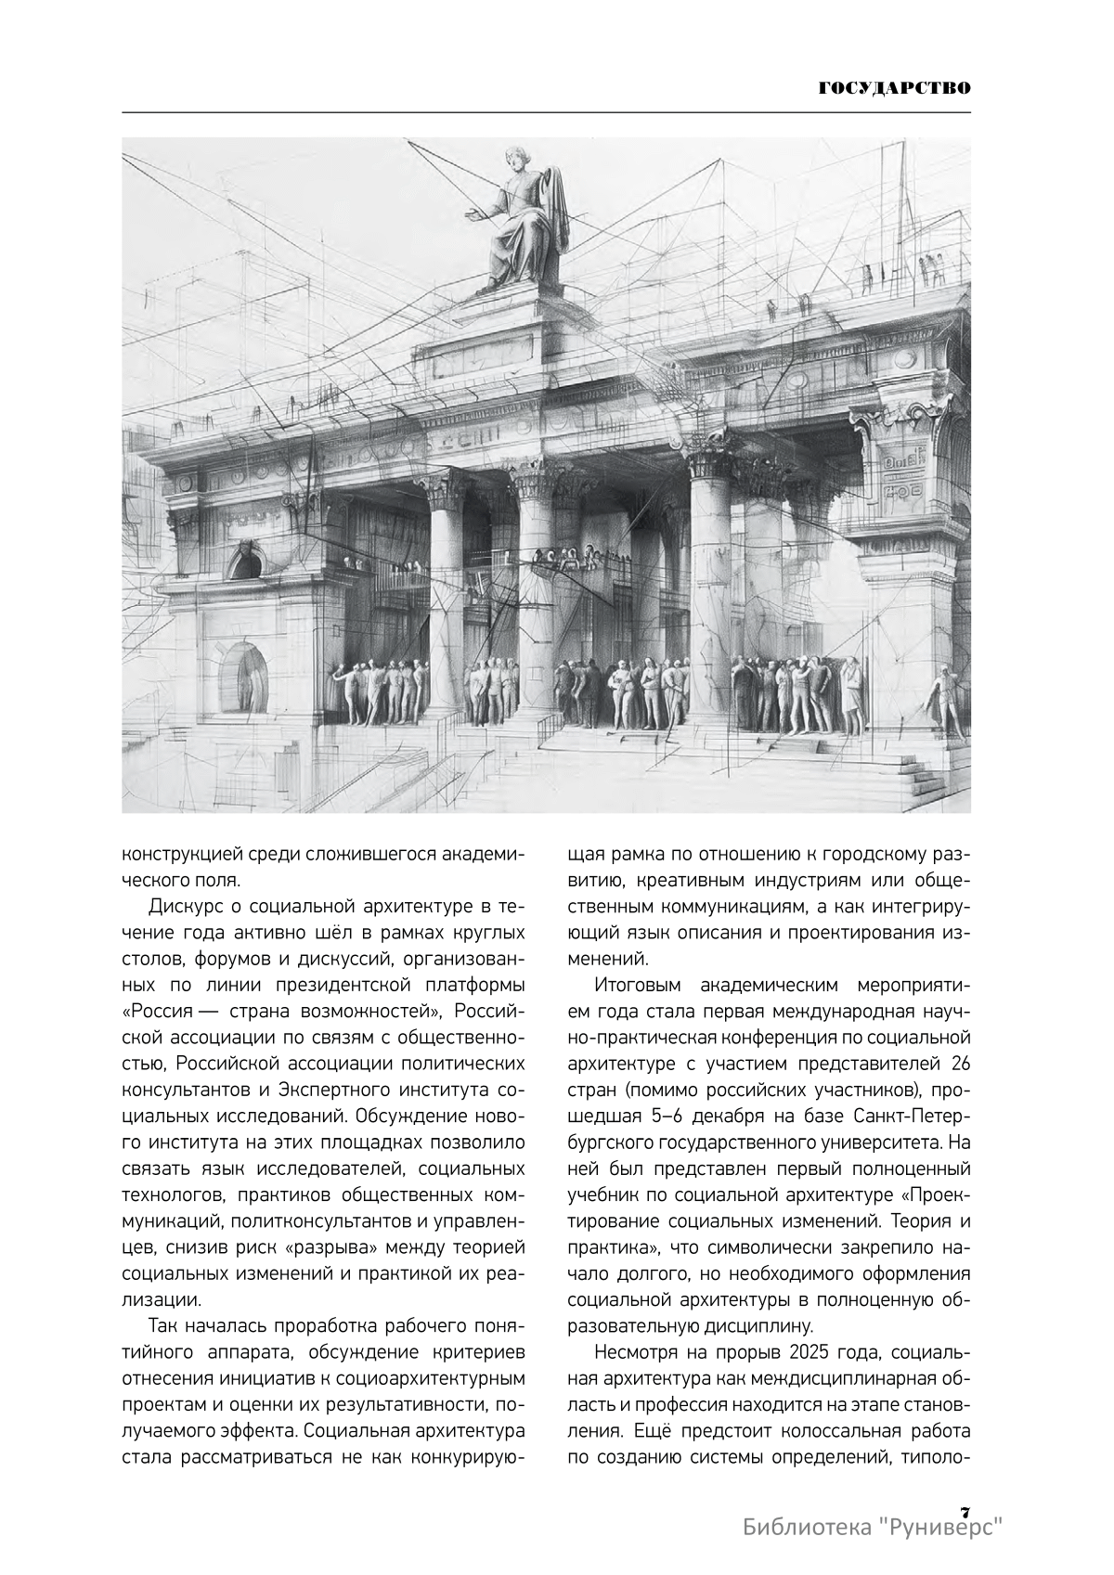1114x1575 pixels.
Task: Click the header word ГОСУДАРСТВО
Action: click(x=895, y=89)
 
